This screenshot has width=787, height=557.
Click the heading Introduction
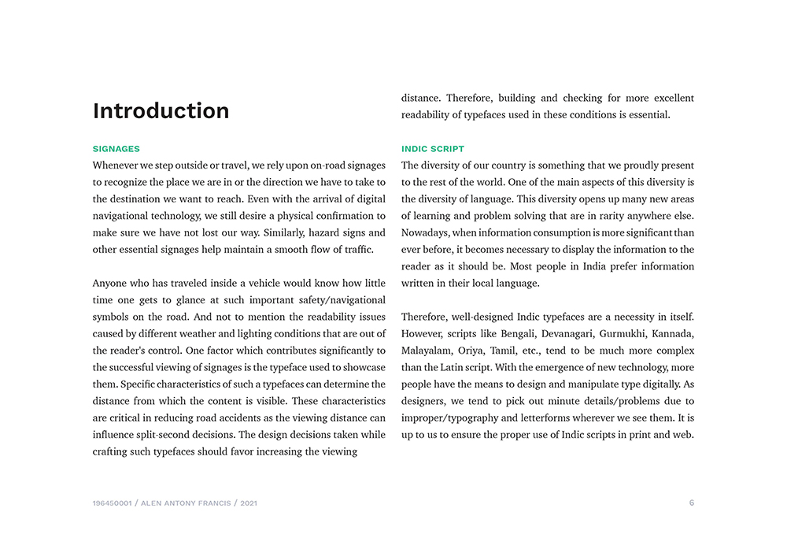click(161, 111)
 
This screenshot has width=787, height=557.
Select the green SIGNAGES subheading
click(116, 149)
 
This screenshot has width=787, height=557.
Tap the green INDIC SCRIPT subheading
click(433, 149)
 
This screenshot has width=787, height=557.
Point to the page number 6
click(692, 503)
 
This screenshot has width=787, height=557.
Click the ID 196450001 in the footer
click(113, 503)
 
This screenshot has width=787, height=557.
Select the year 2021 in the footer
click(249, 503)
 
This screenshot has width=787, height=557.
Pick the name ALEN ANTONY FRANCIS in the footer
click(187, 503)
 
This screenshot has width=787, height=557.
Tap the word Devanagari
click(567, 334)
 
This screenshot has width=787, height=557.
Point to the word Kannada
click(673, 334)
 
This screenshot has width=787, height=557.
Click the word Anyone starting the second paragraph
click(112, 284)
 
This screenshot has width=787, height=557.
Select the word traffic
click(355, 250)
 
